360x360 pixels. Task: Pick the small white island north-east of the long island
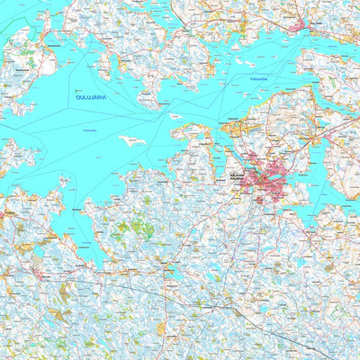[x=175, y=116]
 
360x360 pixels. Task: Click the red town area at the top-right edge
[x=300, y=26]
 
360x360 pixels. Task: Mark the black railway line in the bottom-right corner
[x=306, y=346]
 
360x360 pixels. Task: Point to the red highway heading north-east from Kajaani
[x=315, y=144]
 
